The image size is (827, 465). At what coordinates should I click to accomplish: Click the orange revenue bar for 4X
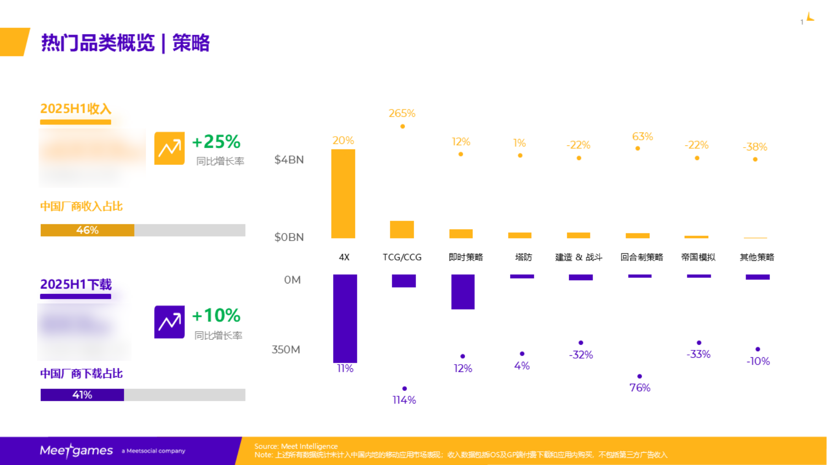(x=343, y=194)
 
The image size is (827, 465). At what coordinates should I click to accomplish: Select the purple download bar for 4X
(x=345, y=318)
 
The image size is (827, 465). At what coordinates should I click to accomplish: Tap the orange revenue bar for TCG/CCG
(x=402, y=229)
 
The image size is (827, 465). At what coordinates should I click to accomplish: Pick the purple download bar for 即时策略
(x=463, y=292)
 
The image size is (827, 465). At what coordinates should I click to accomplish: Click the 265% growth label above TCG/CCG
(x=402, y=113)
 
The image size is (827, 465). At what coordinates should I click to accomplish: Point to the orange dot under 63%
(x=638, y=148)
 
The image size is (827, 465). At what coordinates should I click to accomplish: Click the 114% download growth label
(x=404, y=400)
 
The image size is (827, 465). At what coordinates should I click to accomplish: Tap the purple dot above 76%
(x=639, y=376)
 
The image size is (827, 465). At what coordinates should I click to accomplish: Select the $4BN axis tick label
(x=289, y=160)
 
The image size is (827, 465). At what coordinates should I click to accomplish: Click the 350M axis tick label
(x=286, y=349)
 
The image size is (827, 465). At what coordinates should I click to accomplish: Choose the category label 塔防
(x=523, y=257)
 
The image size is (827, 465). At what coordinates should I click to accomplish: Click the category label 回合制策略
(x=642, y=257)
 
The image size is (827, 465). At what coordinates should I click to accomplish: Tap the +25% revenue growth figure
(x=216, y=142)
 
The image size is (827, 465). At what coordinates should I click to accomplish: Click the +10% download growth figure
(x=216, y=316)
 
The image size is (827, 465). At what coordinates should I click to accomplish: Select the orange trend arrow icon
(x=169, y=148)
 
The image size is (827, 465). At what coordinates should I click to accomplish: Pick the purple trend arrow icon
(x=169, y=322)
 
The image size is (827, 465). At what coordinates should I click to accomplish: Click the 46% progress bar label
(x=87, y=230)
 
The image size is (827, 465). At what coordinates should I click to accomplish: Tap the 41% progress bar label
(x=82, y=395)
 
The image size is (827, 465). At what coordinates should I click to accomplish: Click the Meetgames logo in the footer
(x=76, y=451)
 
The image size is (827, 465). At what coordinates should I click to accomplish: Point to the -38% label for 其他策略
(x=755, y=147)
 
